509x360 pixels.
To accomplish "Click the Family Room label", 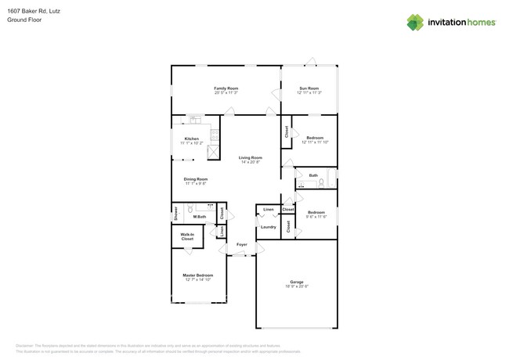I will (226, 88).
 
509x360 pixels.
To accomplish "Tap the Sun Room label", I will (309, 88).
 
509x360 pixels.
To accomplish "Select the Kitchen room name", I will (191, 139).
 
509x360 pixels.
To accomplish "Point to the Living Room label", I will (251, 157).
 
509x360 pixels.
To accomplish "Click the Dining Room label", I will (196, 179).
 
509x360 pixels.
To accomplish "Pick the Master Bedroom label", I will (197, 275).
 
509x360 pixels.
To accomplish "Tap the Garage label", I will (296, 282).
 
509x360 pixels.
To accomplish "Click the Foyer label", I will (242, 244).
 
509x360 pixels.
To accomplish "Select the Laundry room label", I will (268, 227).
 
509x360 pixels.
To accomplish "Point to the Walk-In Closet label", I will (187, 236).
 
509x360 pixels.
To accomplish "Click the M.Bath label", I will (200, 216).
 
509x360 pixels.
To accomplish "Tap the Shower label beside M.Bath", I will (176, 212).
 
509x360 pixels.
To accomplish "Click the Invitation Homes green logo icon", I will (415, 23).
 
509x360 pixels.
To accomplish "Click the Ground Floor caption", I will (24, 20).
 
